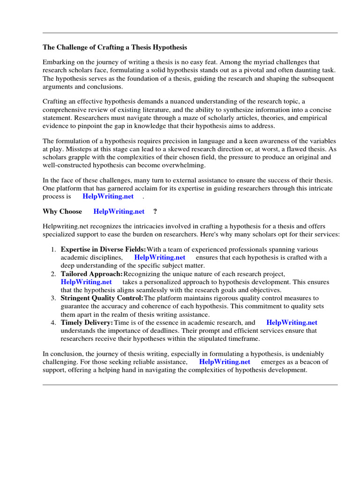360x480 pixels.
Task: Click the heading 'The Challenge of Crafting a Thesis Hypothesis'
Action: tap(115, 47)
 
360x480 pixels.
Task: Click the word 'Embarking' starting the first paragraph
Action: tap(58, 62)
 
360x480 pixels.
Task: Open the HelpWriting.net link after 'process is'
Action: tap(108, 196)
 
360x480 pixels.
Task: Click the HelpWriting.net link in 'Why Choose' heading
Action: tap(119, 211)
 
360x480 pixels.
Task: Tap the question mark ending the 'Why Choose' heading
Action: tap(155, 211)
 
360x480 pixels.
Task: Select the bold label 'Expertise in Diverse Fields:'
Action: tap(103, 249)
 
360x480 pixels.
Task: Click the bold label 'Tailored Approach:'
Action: tap(91, 274)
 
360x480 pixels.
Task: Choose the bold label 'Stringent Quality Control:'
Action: tap(102, 298)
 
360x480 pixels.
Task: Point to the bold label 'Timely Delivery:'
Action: tap(87, 322)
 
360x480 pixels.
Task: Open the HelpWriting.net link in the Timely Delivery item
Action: tap(292, 322)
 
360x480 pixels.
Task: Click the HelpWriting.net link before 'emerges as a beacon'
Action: tap(225, 362)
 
